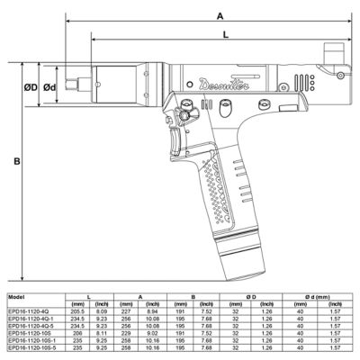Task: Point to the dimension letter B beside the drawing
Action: pyautogui.click(x=16, y=162)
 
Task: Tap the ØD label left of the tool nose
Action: pyautogui.click(x=30, y=87)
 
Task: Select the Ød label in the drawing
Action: pyautogui.click(x=50, y=87)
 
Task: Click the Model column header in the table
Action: pyautogui.click(x=16, y=295)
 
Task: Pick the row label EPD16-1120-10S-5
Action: pyautogui.click(x=31, y=347)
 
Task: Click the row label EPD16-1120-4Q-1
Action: pyautogui.click(x=30, y=317)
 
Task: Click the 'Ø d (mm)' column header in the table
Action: pyautogui.click(x=317, y=295)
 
